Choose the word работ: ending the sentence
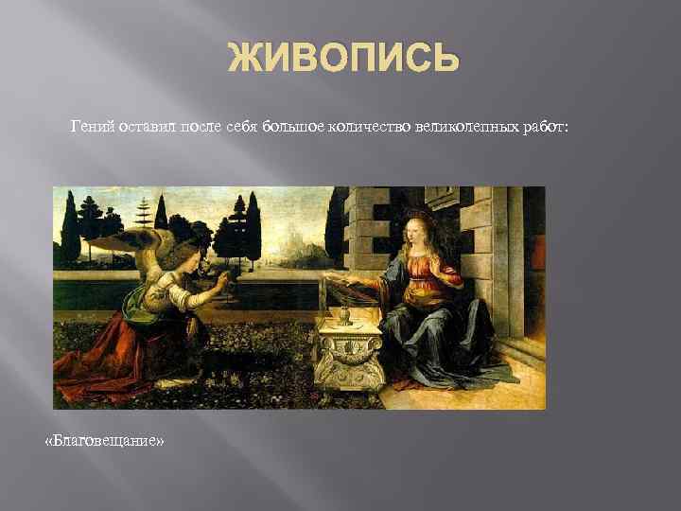(x=544, y=127)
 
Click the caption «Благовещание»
(x=104, y=440)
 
